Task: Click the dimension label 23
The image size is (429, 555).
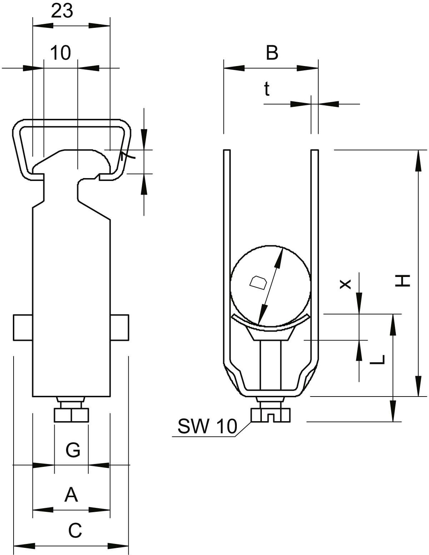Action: [x=62, y=11]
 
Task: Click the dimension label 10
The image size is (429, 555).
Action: [x=61, y=53]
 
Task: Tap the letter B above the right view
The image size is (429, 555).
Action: [x=272, y=53]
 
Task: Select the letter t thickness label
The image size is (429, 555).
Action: [x=267, y=89]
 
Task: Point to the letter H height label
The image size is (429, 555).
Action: [x=403, y=281]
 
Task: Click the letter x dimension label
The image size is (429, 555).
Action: [x=345, y=284]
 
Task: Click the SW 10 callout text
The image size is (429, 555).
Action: [x=207, y=426]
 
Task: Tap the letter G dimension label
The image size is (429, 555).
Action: [x=73, y=450]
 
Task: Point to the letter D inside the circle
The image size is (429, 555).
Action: [x=258, y=283]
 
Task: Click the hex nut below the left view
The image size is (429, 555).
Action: [x=71, y=415]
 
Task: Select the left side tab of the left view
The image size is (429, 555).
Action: [x=23, y=328]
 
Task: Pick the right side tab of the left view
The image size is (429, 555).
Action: [x=119, y=328]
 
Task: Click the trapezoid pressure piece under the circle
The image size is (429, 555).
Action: [x=271, y=334]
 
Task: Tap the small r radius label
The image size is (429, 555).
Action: [x=122, y=156]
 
